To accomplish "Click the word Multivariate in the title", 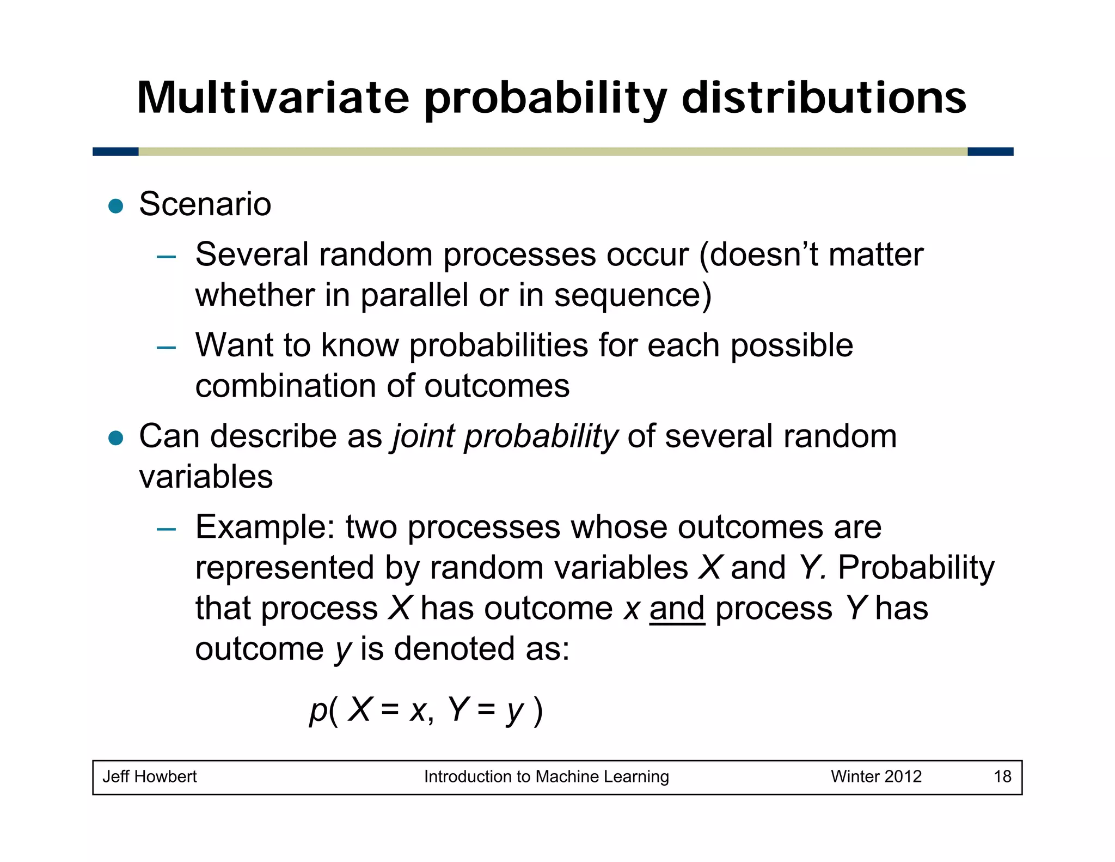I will pyautogui.click(x=272, y=98).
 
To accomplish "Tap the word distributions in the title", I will pyautogui.click(x=823, y=98).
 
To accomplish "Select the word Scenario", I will pyautogui.click(x=205, y=204).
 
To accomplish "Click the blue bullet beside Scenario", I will pyautogui.click(x=115, y=206).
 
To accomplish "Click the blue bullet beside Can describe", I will pyautogui.click(x=115, y=438).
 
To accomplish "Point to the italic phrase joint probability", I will pyautogui.click(x=505, y=437).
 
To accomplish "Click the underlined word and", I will pyautogui.click(x=677, y=608).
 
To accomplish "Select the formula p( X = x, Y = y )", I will pyautogui.click(x=426, y=710).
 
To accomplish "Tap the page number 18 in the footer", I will pyautogui.click(x=1002, y=776).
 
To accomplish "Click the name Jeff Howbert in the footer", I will pyautogui.click(x=149, y=776).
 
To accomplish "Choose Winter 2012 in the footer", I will pyautogui.click(x=875, y=776).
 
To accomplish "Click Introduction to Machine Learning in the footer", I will pyautogui.click(x=546, y=776).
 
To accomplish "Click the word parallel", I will pyautogui.click(x=414, y=295).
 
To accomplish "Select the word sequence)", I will pyautogui.click(x=632, y=295).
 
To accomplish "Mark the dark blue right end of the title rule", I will pyautogui.click(x=990, y=151).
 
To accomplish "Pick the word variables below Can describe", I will pyautogui.click(x=206, y=477).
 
